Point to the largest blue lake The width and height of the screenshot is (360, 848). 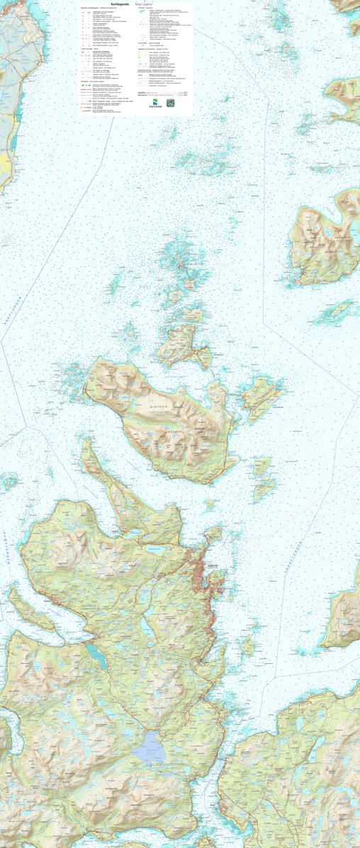(x=151, y=747)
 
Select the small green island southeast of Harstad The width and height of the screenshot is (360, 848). (x=247, y=645)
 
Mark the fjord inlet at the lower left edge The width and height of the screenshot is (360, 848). (x=6, y=737)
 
